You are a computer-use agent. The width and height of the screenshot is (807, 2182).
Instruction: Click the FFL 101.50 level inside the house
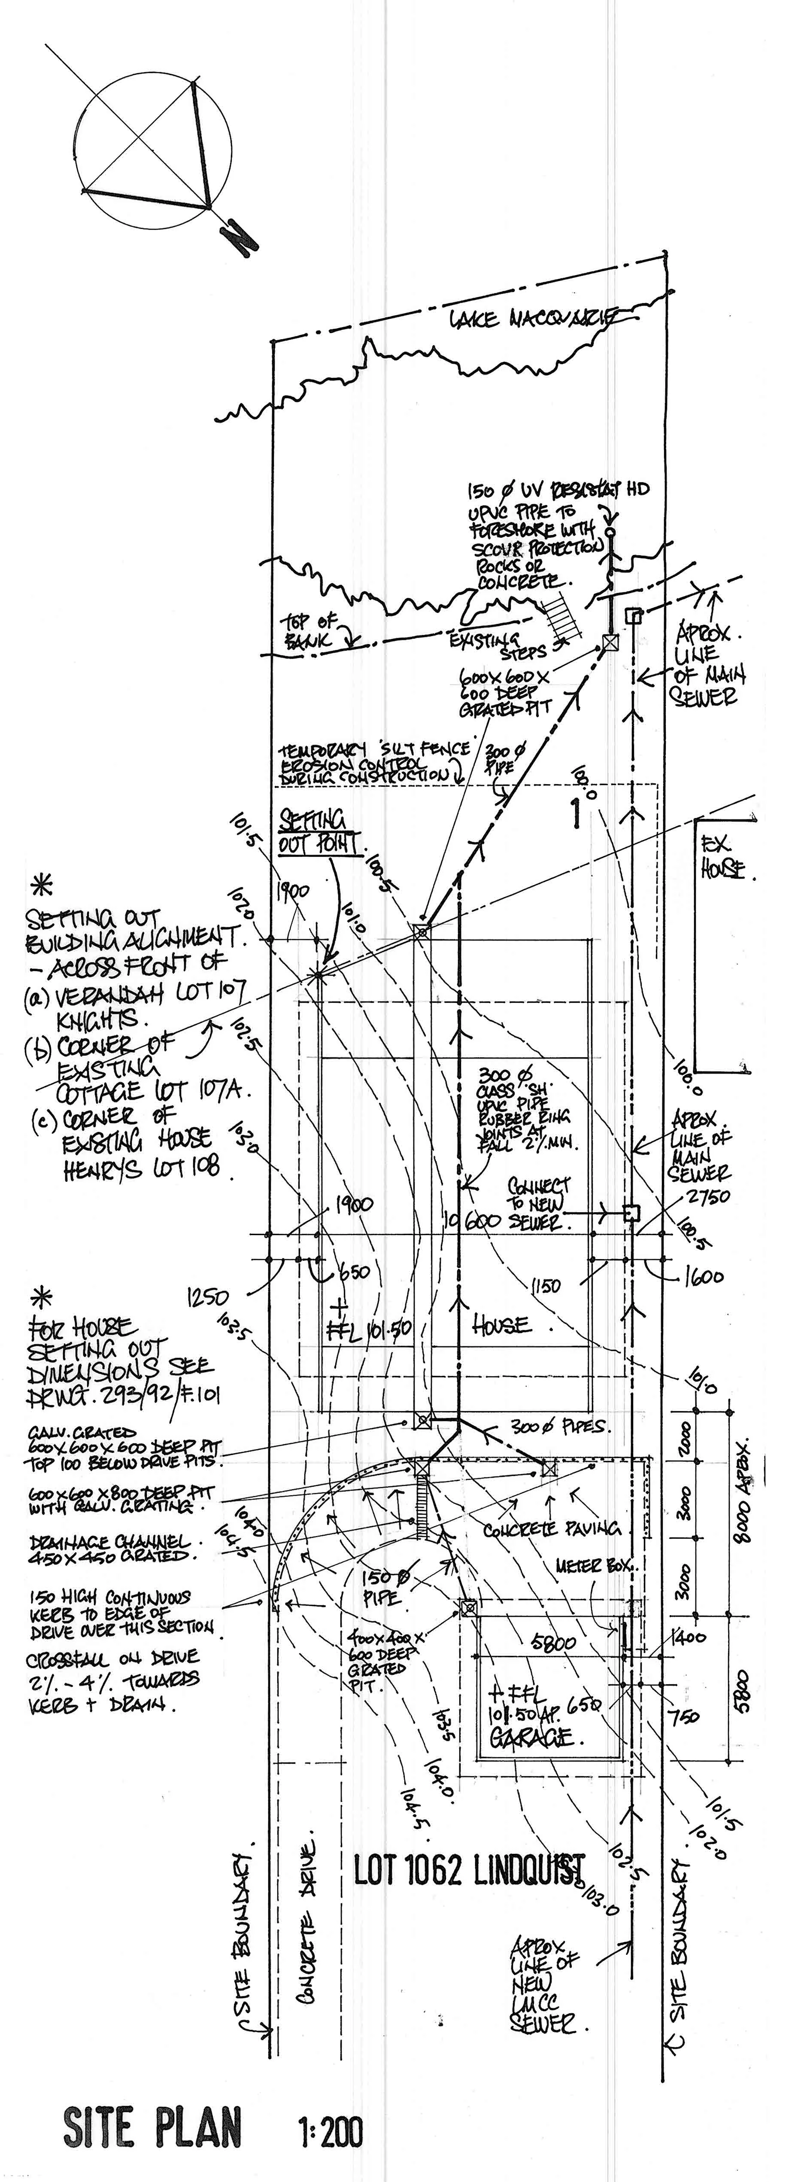click(x=368, y=1330)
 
